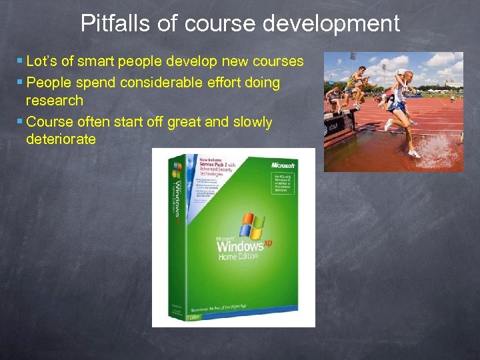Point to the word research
[x=55, y=101]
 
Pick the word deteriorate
[x=61, y=139]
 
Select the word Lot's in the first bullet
[x=41, y=62]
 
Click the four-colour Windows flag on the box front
[x=252, y=225]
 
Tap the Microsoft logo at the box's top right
[x=283, y=165]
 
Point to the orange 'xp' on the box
[x=267, y=244]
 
